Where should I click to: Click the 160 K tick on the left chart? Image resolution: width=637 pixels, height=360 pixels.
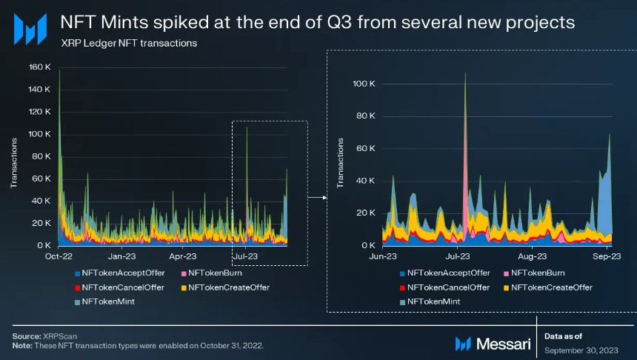pyautogui.click(x=39, y=67)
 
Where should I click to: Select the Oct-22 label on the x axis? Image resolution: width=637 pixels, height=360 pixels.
pyautogui.click(x=59, y=256)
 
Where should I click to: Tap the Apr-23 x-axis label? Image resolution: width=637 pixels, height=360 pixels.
pyautogui.click(x=183, y=256)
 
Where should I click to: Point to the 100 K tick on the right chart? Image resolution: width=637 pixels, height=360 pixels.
pyautogui.click(x=365, y=84)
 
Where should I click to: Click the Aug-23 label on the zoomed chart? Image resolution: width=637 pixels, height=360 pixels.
pyautogui.click(x=532, y=256)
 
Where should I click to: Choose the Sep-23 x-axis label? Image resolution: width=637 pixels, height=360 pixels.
pyautogui.click(x=605, y=256)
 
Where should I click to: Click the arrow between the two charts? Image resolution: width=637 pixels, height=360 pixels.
pyautogui.click(x=317, y=198)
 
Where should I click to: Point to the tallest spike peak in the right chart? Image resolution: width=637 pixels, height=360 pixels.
pyautogui.click(x=465, y=73)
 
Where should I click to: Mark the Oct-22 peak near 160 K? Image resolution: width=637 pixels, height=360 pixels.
pyautogui.click(x=60, y=70)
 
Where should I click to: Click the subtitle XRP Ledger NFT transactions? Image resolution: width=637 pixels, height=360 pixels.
pyautogui.click(x=129, y=44)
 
